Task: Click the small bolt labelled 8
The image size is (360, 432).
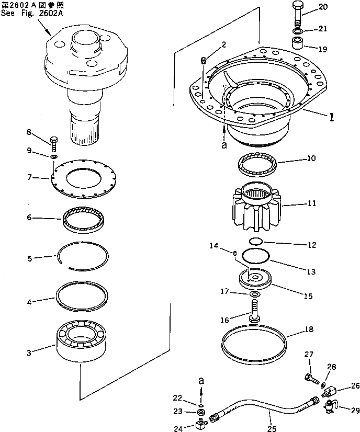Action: point(53,142)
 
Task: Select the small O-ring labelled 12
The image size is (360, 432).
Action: point(255,241)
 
